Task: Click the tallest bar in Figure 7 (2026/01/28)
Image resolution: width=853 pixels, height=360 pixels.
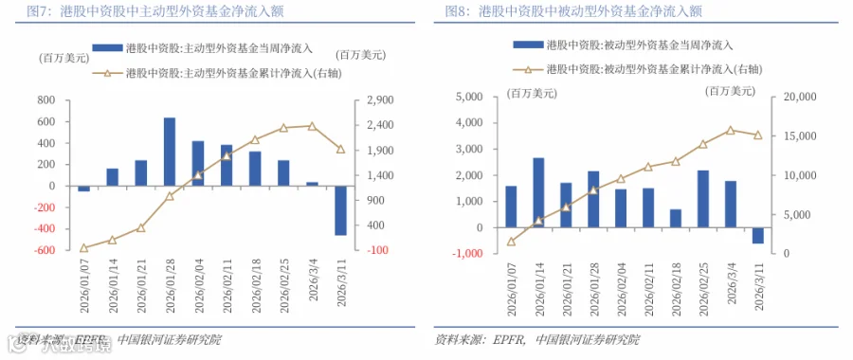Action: coord(170,152)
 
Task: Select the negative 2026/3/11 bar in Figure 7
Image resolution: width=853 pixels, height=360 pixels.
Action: coord(340,210)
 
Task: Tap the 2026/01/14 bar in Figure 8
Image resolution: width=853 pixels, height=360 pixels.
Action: coord(538,192)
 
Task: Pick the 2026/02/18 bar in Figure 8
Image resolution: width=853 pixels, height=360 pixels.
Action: coord(675,218)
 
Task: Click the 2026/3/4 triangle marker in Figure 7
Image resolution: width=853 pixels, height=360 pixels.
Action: coord(312,126)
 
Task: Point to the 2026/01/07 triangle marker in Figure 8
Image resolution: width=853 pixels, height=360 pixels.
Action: coord(511,242)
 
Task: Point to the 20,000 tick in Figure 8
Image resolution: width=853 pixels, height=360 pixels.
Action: coord(796,97)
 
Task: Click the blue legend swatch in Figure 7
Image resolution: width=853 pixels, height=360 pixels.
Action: coord(107,48)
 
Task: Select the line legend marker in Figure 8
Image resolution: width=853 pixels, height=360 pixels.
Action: coord(528,69)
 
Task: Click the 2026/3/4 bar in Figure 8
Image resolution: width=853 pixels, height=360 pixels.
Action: coord(731,204)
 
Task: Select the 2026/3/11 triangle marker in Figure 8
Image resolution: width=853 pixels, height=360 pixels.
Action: coord(758,135)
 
